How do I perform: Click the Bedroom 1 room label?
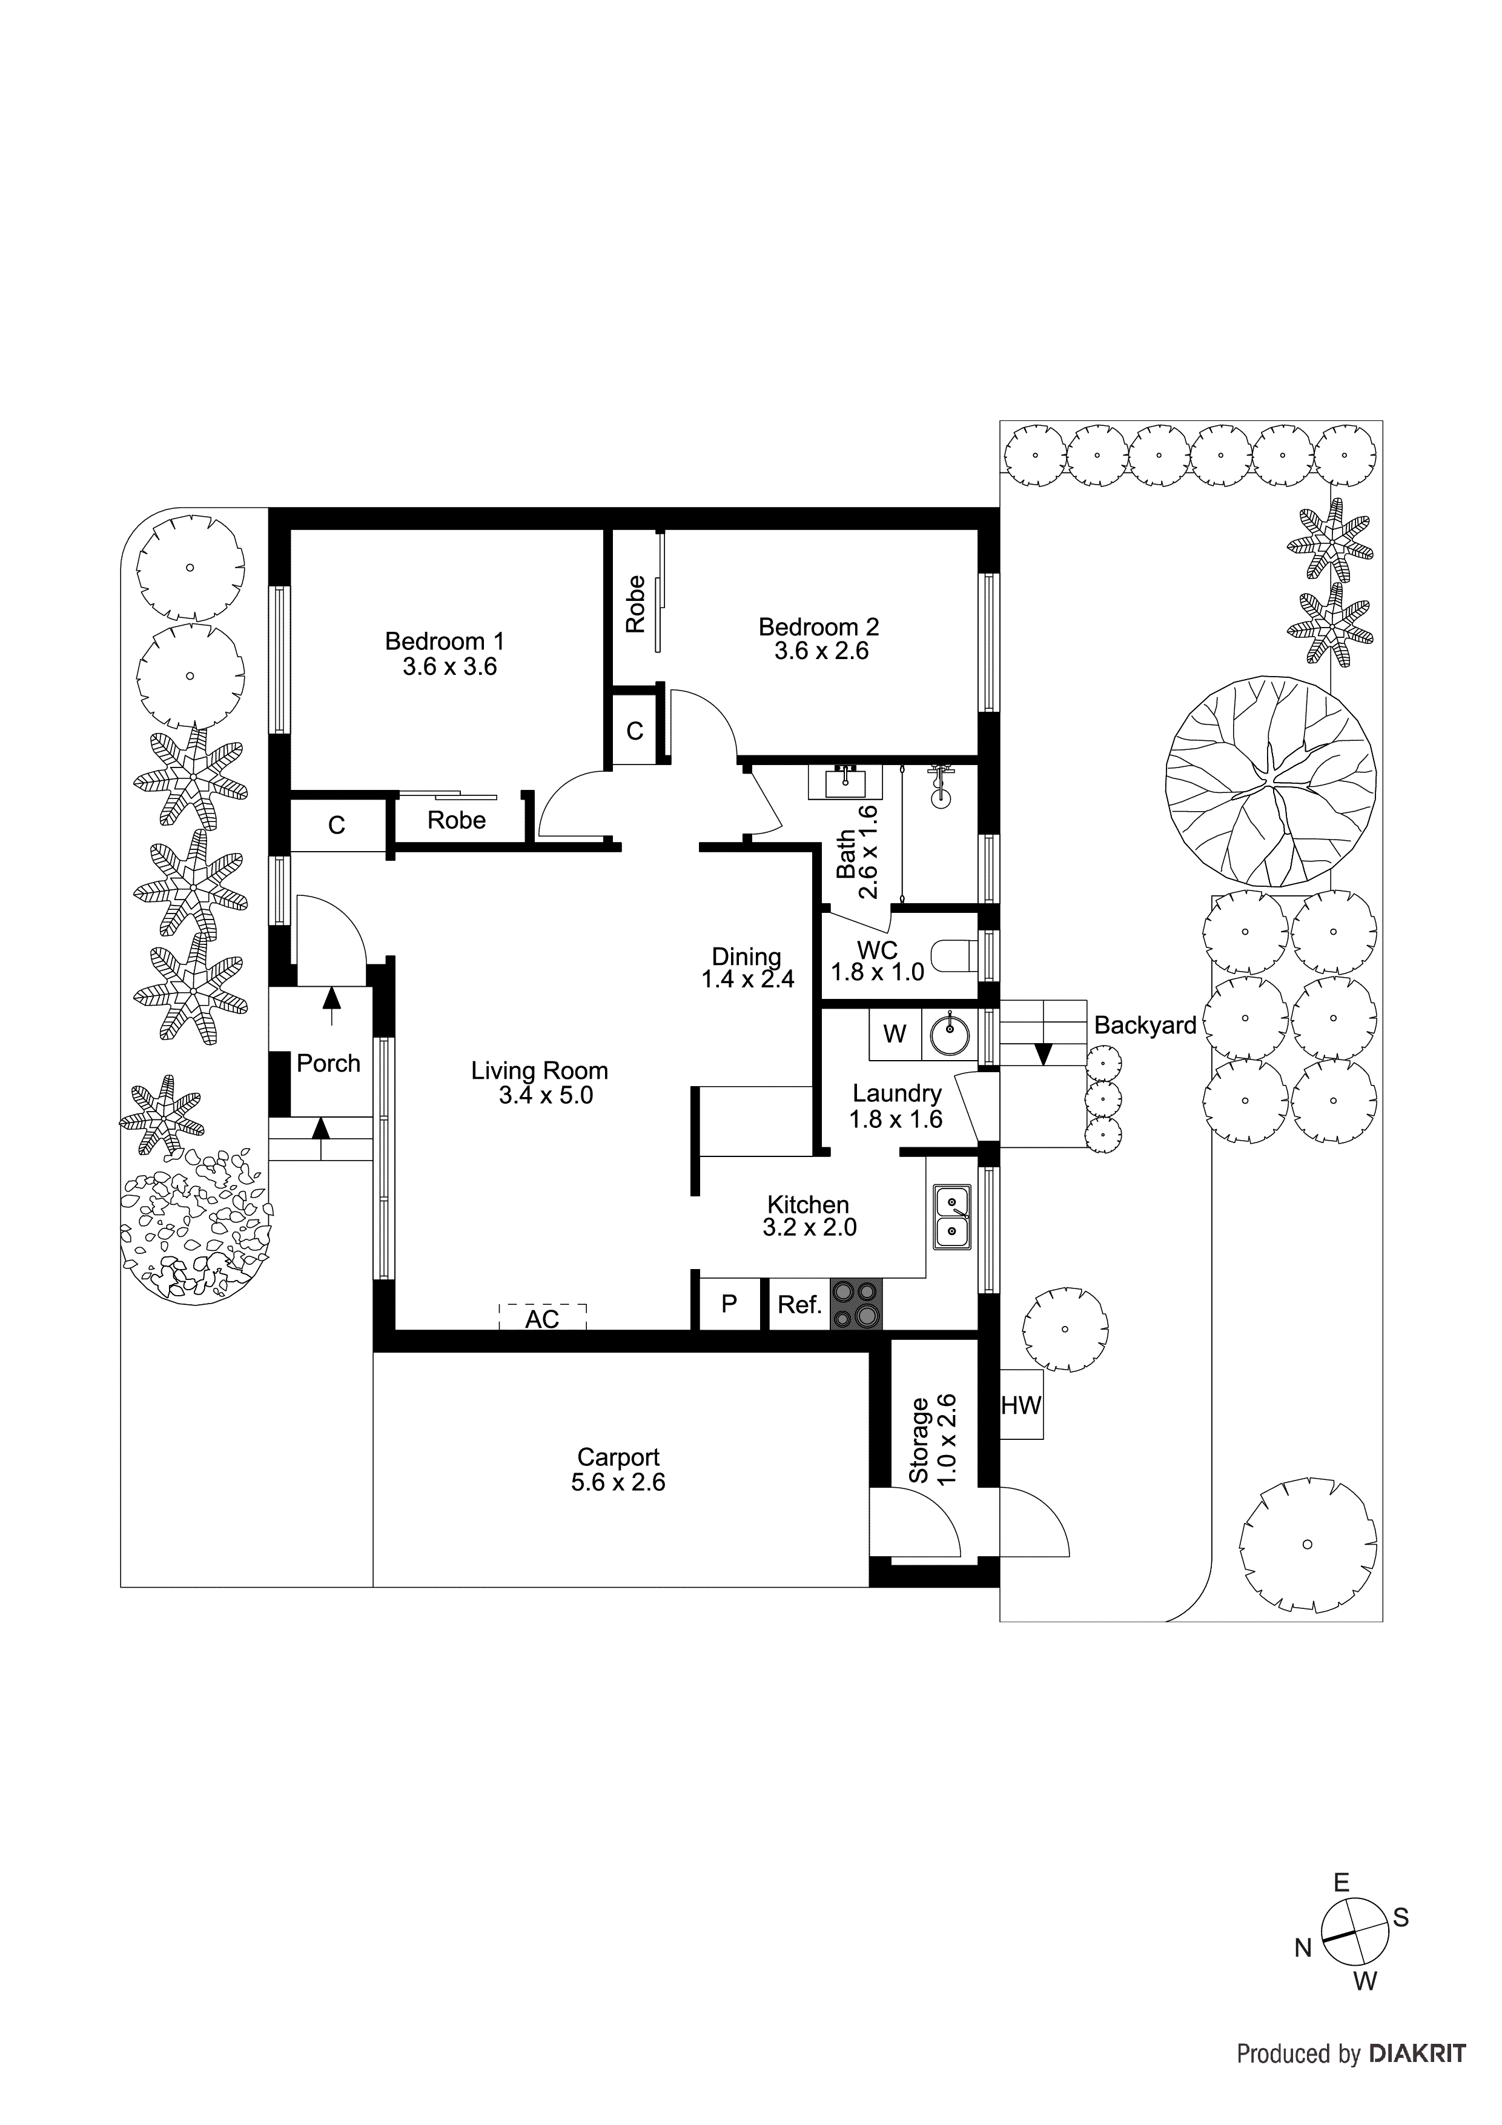coord(445,640)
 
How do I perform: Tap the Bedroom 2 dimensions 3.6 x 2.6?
coord(821,651)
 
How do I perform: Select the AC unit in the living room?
coord(542,1317)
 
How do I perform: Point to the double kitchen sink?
coord(952,1217)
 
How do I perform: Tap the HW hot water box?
coord(1021,1405)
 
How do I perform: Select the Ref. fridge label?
coord(799,1305)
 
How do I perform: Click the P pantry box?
coord(729,1304)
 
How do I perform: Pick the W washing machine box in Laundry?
coord(894,1034)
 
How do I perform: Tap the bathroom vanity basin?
coord(845,783)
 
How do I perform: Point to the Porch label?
coord(328,1064)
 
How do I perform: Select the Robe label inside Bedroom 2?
coord(635,605)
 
